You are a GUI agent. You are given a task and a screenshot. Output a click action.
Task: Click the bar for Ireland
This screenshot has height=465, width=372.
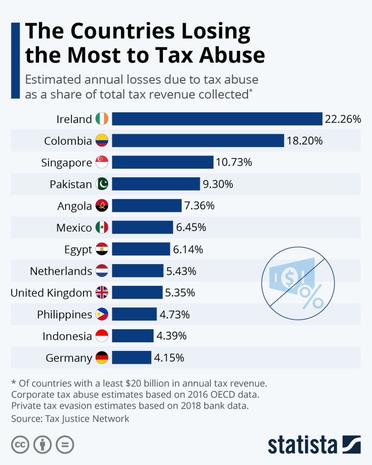pos(217,119)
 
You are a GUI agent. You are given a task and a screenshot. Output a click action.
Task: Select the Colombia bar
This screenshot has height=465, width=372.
pos(198,141)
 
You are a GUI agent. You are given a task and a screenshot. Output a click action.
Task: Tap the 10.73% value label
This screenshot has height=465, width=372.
pos(234,162)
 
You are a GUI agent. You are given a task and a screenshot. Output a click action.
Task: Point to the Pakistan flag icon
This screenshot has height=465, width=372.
pos(102,184)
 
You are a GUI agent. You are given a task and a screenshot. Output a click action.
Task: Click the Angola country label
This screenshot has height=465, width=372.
pos(74,206)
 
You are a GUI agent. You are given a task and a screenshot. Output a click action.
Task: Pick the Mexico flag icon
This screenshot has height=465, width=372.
pos(102,227)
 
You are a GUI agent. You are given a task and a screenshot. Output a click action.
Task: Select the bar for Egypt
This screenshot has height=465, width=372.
pos(141,249)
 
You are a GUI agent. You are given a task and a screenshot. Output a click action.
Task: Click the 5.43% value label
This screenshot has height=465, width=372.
pos(181,271)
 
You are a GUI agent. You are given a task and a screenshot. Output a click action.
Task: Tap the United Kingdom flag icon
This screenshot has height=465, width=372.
pos(102,293)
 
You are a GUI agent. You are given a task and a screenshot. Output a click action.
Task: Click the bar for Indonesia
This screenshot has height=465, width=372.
pos(133,336)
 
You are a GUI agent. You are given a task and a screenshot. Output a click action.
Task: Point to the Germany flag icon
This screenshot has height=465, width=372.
pos(102,358)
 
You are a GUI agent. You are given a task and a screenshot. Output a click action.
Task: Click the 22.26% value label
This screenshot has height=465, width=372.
pos(343,119)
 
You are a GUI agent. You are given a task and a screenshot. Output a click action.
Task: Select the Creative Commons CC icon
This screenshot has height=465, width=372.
pos(20,444)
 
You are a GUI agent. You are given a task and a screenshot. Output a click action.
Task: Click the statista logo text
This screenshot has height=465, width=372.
pos(302,445)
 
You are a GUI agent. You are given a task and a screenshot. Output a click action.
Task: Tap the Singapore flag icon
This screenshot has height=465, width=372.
pos(102,162)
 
